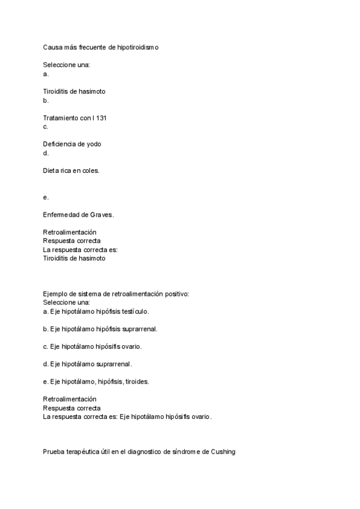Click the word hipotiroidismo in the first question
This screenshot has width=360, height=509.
coord(136,47)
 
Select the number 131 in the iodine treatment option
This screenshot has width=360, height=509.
coord(101,118)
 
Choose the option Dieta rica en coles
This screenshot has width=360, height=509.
coord(71,170)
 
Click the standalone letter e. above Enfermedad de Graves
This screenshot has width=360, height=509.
coord(46,197)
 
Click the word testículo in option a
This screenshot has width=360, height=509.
coord(136,312)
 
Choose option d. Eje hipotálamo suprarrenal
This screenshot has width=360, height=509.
coord(88,364)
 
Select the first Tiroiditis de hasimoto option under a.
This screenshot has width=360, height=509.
coord(74,92)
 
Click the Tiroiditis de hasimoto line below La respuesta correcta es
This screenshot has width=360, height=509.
coord(74,258)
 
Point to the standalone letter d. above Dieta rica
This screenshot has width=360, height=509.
coord(46,153)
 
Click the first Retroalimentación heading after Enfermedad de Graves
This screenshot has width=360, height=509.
coord(70,232)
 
